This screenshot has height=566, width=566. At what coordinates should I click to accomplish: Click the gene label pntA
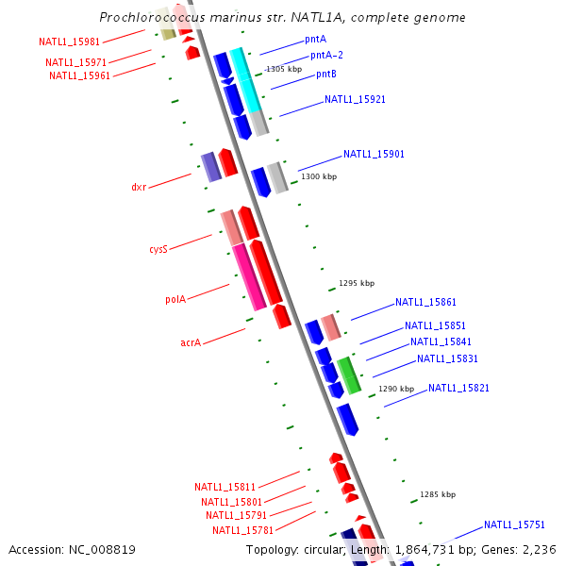pos(315,39)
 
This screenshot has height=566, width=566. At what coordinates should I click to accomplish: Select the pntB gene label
pos(326,74)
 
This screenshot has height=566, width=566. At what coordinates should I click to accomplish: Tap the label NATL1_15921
pos(355,99)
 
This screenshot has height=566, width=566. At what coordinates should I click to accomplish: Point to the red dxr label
pos(139,187)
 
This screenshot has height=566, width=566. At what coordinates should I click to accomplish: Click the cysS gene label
pos(158,249)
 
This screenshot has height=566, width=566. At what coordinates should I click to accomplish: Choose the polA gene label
pos(175,299)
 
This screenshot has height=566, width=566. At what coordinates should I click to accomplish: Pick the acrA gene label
pos(191,342)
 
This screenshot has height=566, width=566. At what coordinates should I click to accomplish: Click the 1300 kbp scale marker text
pos(319,176)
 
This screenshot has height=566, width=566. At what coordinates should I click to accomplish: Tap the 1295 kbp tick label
pos(357,283)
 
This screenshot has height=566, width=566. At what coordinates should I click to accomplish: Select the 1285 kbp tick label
pos(438,494)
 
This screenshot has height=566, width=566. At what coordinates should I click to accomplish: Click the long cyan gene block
pos(245,80)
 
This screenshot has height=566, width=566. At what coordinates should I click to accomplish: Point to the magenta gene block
pos(249,277)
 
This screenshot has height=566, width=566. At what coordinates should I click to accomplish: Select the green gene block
pos(349,375)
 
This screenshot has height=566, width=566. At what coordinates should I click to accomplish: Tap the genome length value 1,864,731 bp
pos(435,550)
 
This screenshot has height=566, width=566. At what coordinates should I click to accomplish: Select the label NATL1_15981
pos(69,42)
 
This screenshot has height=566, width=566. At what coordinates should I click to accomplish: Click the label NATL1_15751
pos(514,524)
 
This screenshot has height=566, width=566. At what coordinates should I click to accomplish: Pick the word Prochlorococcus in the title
pos(152,17)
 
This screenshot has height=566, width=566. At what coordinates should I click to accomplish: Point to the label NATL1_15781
pos(243,530)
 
